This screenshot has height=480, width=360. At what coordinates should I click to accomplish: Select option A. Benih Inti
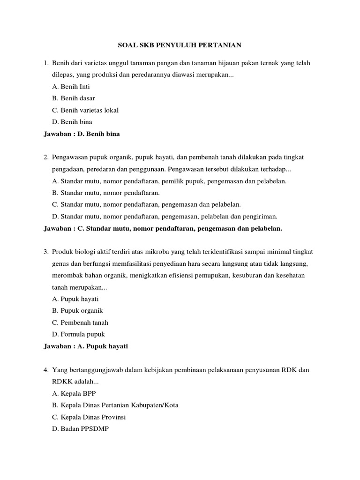pyautogui.click(x=71, y=87)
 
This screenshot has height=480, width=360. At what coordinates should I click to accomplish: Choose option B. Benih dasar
pyautogui.click(x=74, y=98)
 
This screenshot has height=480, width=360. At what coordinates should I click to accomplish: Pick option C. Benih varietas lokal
pyautogui.click(x=85, y=110)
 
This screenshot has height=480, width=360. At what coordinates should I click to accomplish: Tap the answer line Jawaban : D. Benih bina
pyautogui.click(x=82, y=134)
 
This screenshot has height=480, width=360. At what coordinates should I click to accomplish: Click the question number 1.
pyautogui.click(x=45, y=63)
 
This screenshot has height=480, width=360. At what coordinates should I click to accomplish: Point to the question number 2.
pyautogui.click(x=45, y=157)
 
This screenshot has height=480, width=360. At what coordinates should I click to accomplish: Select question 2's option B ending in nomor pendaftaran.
pyautogui.click(x=106, y=193)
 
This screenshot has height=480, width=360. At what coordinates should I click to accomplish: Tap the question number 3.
pyautogui.click(x=45, y=252)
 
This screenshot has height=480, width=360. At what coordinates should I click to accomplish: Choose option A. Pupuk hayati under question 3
pyautogui.click(x=75, y=299)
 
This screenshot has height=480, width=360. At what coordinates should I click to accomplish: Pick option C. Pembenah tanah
pyautogui.click(x=80, y=322)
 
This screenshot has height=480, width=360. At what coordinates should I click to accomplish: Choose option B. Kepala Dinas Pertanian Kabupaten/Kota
pyautogui.click(x=115, y=405)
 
